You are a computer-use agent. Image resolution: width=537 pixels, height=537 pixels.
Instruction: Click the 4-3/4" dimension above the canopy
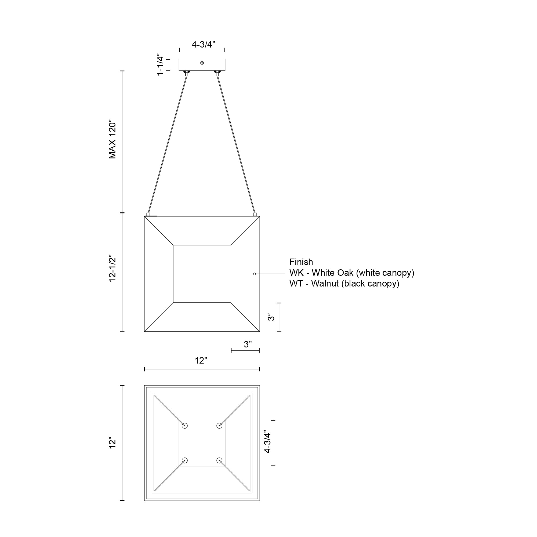coord(204,45)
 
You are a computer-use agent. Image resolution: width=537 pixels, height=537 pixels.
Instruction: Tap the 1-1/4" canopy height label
coord(160,64)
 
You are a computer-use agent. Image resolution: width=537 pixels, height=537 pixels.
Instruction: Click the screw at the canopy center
coord(202,63)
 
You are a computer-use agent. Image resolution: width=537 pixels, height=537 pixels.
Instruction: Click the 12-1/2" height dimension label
coord(112,268)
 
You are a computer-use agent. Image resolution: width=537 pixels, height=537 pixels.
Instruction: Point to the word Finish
coord(301,262)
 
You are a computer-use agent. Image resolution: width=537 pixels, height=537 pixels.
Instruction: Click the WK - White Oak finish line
coord(352,273)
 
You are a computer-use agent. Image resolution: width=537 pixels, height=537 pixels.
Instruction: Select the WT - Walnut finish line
coord(344,284)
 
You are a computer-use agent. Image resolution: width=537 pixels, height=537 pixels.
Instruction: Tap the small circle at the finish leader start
coord(254,274)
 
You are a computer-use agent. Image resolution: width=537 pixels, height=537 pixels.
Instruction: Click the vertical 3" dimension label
coord(271,317)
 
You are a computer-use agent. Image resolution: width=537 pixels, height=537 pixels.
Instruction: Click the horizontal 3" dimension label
coord(248,344)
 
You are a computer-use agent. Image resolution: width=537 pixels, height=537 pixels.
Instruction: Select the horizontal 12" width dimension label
coord(201,361)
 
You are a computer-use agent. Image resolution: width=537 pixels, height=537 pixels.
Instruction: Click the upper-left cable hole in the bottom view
coord(185,426)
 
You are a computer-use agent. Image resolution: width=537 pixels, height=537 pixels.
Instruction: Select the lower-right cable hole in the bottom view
coord(219,460)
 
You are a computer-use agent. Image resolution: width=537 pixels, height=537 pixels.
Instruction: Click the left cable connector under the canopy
coord(187,73)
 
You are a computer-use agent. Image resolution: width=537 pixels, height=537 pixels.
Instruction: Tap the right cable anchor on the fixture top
coord(255,214)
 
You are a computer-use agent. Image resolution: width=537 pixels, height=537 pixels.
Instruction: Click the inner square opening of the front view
coord(202,274)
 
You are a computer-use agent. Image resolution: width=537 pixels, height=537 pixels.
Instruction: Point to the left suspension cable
coord(167,144)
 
